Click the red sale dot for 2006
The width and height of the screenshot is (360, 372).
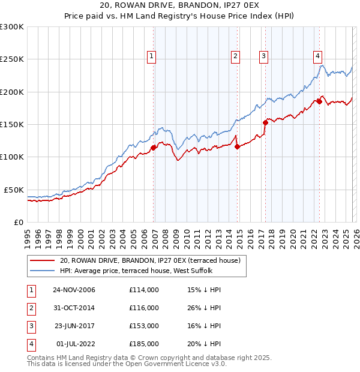[x=154, y=148]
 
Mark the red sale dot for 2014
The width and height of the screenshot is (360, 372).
[x=238, y=146]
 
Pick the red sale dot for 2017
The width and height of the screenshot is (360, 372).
[x=266, y=122]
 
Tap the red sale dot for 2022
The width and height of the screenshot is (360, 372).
[x=319, y=101]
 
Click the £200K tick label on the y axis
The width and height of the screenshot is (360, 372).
[x=12, y=92]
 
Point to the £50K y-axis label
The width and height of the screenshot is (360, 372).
[x=14, y=190]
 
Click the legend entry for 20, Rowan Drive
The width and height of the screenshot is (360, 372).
[x=150, y=260]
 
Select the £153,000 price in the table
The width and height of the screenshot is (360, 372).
[x=144, y=326]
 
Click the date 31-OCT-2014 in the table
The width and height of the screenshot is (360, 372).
[x=73, y=308]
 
